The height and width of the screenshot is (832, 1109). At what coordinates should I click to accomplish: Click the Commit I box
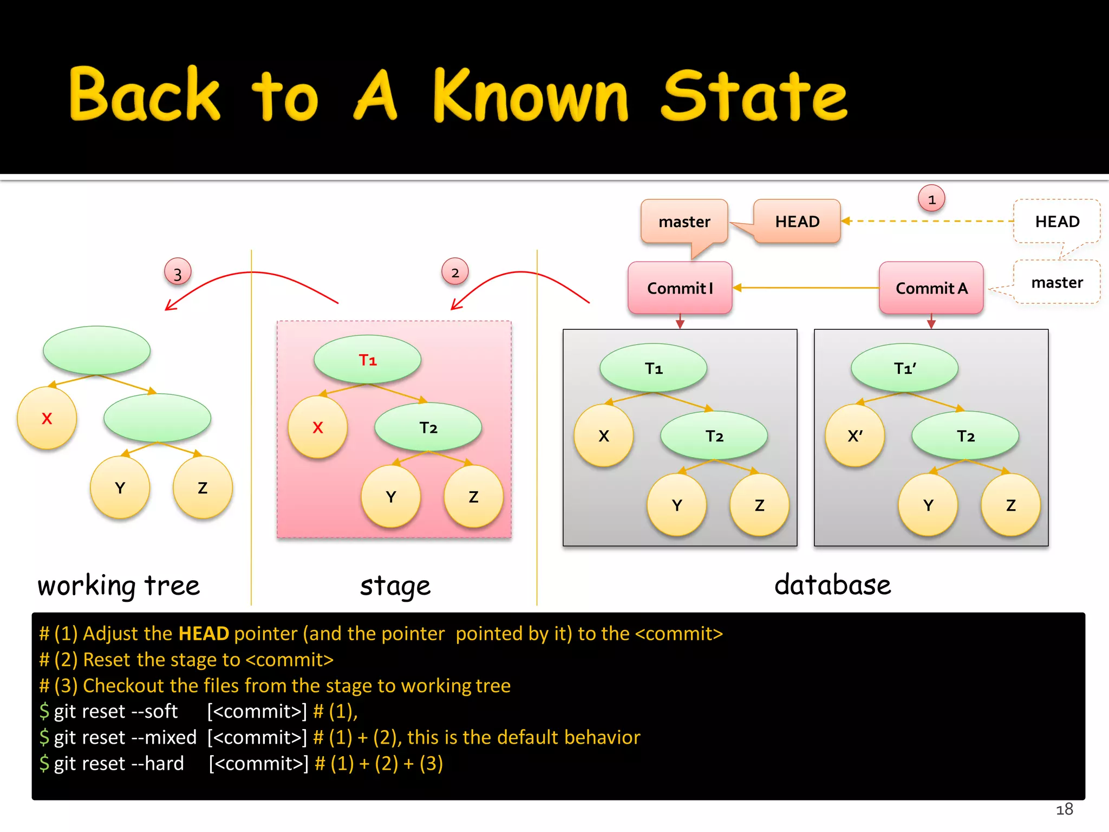680,288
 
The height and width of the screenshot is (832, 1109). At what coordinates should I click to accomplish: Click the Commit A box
931,288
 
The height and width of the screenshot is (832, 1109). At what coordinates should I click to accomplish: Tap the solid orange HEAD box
797,221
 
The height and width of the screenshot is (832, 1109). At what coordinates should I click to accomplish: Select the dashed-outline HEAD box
1056,221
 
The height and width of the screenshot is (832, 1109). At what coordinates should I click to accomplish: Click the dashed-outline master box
1056,282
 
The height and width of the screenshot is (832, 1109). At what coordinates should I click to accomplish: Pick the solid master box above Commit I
684,221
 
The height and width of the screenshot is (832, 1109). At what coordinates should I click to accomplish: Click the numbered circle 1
931,199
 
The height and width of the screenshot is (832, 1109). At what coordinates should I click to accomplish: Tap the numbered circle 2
455,272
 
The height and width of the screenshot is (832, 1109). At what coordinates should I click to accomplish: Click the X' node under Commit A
854,435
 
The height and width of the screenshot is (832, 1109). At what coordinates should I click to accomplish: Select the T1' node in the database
904,368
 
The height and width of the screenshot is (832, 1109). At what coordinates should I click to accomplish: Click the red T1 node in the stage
368,360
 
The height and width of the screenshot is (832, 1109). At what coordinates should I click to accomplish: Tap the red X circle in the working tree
47,418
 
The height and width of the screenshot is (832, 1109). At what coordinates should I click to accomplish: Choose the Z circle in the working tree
203,487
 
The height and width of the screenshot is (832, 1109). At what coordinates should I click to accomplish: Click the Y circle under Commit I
677,505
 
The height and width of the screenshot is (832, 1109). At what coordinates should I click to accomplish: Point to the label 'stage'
395,586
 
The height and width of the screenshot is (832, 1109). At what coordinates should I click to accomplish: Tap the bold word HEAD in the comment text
204,633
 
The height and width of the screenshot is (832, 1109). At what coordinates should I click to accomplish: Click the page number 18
1064,809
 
